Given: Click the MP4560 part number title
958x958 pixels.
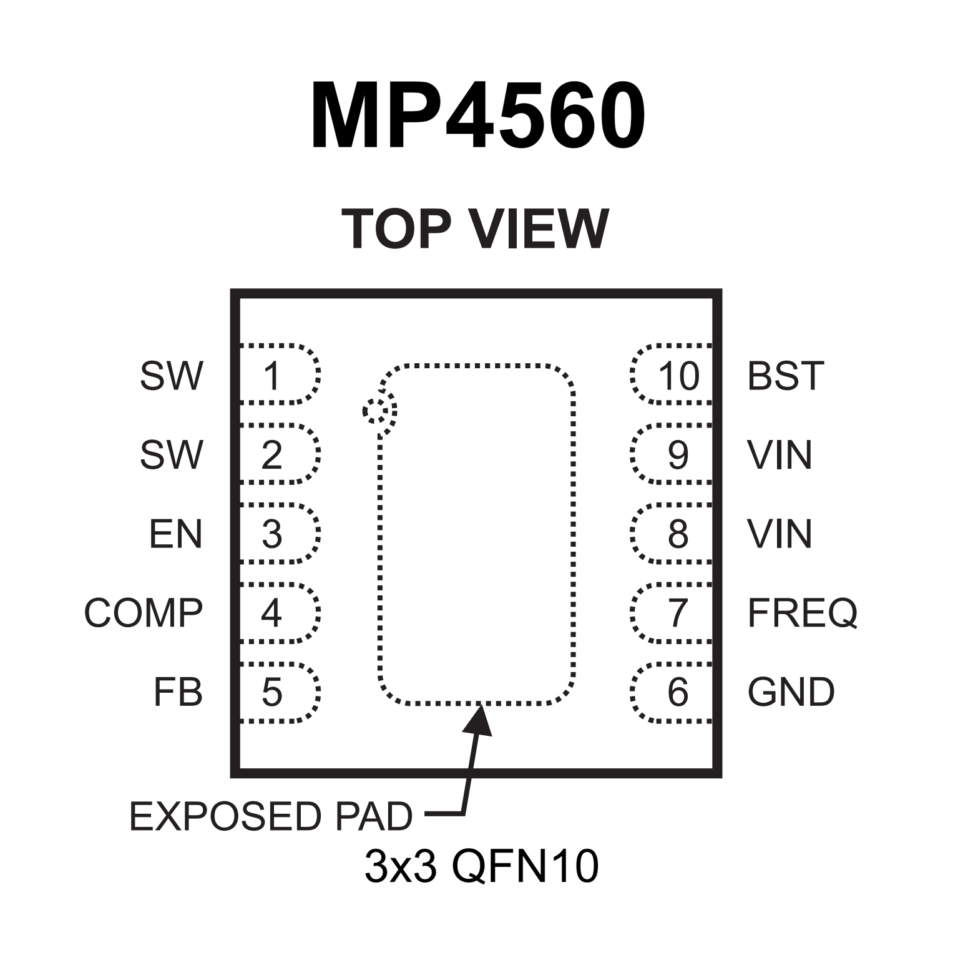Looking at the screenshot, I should (x=478, y=117).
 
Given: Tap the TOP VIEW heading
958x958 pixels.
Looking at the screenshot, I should (x=475, y=229).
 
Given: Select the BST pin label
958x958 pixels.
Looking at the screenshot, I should (x=785, y=376).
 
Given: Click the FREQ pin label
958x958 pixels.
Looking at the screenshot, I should (x=802, y=613).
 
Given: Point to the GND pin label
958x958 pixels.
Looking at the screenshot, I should (x=791, y=692).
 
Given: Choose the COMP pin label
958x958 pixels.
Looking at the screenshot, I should (x=144, y=613).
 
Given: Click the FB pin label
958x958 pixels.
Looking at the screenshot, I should (x=178, y=692).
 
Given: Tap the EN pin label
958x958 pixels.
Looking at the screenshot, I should (x=175, y=534).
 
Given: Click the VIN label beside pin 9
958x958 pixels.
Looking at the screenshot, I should (x=780, y=455).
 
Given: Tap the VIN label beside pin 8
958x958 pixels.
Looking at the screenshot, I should (x=780, y=534).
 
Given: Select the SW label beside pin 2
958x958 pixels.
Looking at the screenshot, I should (x=171, y=455).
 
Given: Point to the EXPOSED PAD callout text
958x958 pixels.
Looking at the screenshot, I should (x=271, y=816).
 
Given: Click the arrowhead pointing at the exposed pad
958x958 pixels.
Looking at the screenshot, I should (x=478, y=718).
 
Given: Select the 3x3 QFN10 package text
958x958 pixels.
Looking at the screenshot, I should (x=481, y=867).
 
